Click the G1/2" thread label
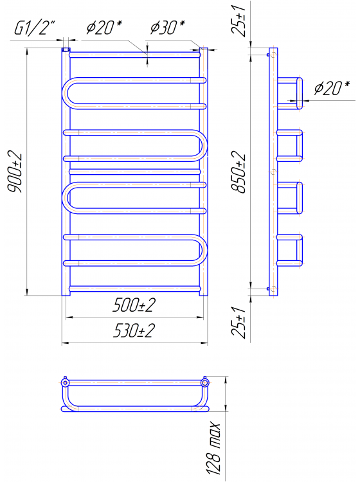(35, 28)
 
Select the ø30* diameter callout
(167, 28)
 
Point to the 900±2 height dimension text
(15, 173)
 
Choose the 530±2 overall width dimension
(136, 332)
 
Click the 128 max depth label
(215, 450)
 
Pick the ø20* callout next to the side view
(332, 89)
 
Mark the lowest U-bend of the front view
(203, 250)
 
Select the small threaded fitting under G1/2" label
(66, 49)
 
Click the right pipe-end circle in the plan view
(205, 384)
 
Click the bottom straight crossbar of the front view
(136, 289)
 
